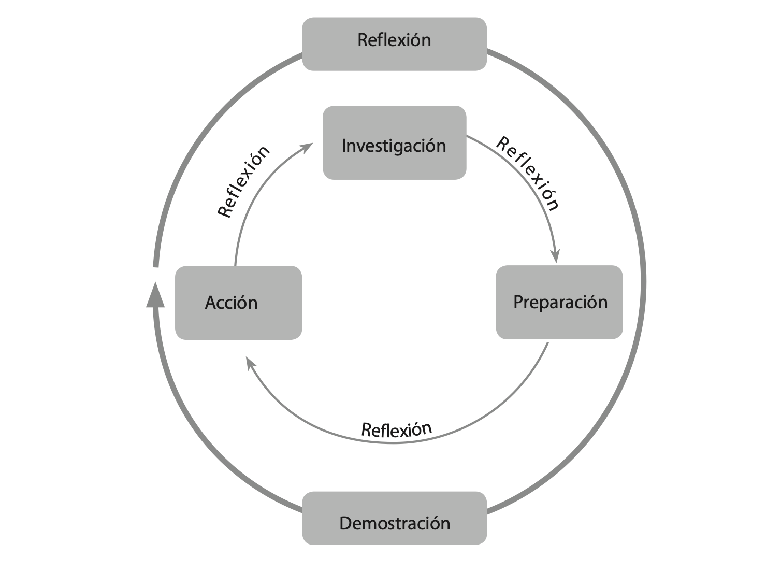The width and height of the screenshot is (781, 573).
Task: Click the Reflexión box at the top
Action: pos(394,44)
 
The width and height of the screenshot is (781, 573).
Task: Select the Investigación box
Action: pos(394,143)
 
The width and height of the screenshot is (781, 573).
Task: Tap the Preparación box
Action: pos(559,303)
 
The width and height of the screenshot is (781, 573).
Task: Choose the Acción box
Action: pos(238,303)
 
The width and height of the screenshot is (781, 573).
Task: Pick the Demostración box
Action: pos(394,518)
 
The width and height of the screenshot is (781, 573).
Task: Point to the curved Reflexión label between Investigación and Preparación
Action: pos(527,174)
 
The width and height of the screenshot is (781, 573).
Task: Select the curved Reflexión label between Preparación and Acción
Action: pos(396,429)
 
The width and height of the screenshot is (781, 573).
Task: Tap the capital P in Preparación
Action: pos(518,302)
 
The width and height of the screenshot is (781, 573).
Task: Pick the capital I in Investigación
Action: pos(344,145)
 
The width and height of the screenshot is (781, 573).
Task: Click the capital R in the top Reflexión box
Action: pos(363,40)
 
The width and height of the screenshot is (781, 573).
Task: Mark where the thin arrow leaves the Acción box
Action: pos(235,266)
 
